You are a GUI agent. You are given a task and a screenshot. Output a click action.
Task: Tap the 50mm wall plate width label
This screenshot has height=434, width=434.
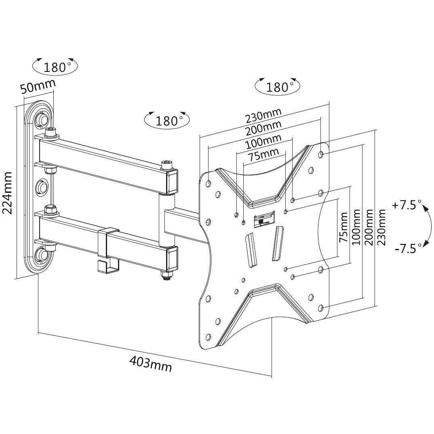[x=38, y=86]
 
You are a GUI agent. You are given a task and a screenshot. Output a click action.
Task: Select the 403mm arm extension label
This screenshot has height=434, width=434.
[x=150, y=363]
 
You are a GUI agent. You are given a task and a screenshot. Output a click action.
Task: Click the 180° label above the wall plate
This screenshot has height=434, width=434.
[x=55, y=67]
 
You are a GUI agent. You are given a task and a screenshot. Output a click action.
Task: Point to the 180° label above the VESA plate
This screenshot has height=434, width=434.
[x=278, y=86]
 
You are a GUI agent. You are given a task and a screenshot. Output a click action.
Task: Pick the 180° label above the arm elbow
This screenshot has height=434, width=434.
[x=167, y=120]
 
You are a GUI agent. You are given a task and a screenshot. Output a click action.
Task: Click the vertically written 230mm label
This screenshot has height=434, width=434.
[x=381, y=229]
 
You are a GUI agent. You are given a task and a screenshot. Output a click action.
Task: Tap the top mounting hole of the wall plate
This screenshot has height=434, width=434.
[x=42, y=119]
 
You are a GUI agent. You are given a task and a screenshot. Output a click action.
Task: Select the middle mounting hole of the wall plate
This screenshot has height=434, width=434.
[x=42, y=187]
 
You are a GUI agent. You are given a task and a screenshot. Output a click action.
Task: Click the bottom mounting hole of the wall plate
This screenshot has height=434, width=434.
[x=42, y=254]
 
